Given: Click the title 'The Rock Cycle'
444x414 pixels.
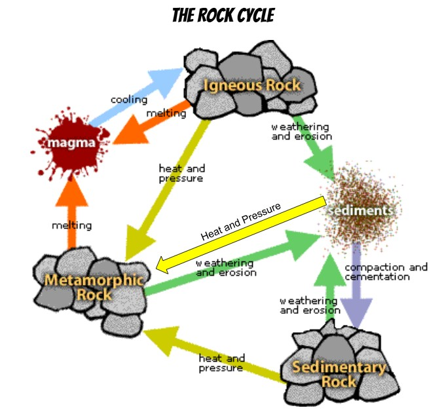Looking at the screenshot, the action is click(223, 15).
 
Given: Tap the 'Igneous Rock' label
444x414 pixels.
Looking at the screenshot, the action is click(251, 85).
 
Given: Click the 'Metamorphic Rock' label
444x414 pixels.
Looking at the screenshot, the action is click(94, 287).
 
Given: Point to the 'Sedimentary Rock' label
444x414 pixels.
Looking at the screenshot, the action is click(339, 374).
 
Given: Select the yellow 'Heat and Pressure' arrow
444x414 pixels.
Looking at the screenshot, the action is click(241, 235).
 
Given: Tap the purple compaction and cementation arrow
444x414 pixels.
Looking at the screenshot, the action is click(356, 286).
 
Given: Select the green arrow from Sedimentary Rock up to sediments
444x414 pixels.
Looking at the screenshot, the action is click(330, 286).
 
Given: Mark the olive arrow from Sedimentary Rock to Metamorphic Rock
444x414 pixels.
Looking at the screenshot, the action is click(214, 354).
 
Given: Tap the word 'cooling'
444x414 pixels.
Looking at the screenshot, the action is click(129, 100).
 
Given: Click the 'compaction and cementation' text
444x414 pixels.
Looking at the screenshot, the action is click(386, 272).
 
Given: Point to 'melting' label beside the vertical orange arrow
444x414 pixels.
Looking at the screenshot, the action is click(72, 225).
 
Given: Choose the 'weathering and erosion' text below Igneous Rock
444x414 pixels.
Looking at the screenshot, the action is click(302, 132).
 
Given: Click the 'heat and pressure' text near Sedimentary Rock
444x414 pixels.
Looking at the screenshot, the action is click(222, 363).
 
